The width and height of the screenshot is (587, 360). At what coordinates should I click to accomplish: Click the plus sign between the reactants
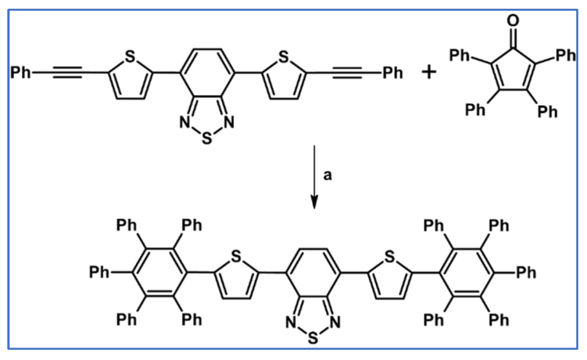[x=428, y=73]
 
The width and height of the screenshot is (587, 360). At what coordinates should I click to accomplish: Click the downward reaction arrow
[x=314, y=178]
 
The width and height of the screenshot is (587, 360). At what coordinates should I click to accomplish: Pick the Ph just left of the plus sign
[x=392, y=73]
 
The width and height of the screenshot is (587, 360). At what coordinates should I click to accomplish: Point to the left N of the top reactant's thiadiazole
[x=185, y=124]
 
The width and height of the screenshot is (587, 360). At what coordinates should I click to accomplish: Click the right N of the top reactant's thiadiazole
[x=229, y=124]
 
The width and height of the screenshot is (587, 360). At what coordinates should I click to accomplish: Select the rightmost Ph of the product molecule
[x=525, y=273]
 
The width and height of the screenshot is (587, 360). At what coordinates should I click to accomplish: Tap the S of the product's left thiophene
[x=236, y=257]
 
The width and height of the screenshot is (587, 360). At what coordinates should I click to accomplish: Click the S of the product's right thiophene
[x=390, y=257]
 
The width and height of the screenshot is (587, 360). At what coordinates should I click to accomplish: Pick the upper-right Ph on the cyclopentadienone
[x=565, y=55]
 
